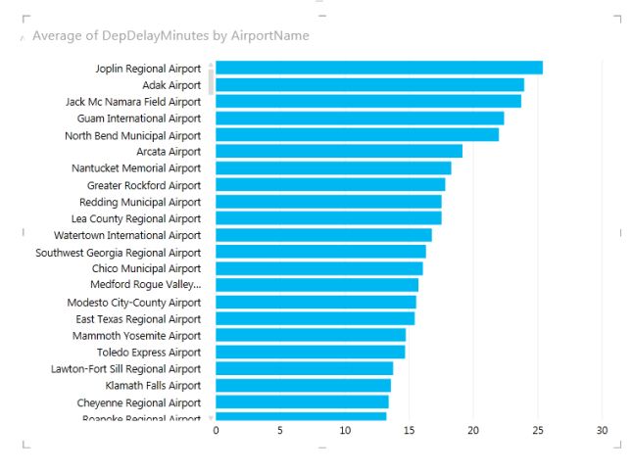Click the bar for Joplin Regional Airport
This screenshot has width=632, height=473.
pyautogui.click(x=378, y=68)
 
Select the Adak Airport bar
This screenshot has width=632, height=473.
pyautogui.click(x=369, y=84)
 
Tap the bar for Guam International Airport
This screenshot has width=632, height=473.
pyautogui.click(x=360, y=118)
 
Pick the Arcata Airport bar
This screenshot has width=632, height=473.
pyautogui.click(x=338, y=151)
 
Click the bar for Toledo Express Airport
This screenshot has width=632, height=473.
pyautogui.click(x=310, y=352)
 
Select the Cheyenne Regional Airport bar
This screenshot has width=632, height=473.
pyautogui.click(x=302, y=402)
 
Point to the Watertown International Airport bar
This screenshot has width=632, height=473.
pyautogui.click(x=323, y=235)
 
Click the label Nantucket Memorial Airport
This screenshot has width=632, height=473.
pyautogui.click(x=135, y=168)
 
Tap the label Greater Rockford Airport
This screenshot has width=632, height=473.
pyautogui.click(x=143, y=185)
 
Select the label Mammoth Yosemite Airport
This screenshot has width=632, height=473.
pyautogui.click(x=136, y=336)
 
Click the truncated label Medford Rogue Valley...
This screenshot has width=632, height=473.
pyautogui.click(x=145, y=285)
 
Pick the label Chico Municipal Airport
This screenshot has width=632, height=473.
pyautogui.click(x=146, y=268)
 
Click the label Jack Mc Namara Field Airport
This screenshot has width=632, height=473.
pyautogui.click(x=132, y=102)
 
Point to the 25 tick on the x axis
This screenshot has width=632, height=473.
pyautogui.click(x=538, y=430)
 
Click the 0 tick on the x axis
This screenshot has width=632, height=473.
pyautogui.click(x=216, y=430)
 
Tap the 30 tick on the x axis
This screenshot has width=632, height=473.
pyautogui.click(x=603, y=430)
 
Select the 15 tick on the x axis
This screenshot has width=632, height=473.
pyautogui.click(x=409, y=430)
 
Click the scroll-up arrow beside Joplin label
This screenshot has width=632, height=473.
pyautogui.click(x=211, y=65)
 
